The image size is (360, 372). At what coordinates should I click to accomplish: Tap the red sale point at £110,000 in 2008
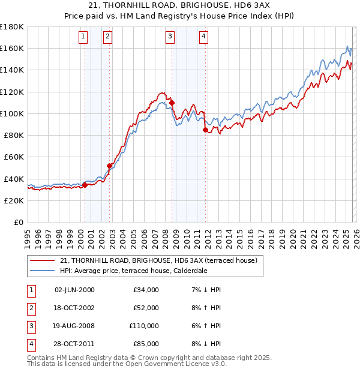(x=172, y=103)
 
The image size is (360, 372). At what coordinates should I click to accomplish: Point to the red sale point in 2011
(x=205, y=130)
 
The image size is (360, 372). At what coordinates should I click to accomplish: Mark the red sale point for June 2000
(x=85, y=185)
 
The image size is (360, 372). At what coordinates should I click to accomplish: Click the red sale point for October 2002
(x=110, y=166)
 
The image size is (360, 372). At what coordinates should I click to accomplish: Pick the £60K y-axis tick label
(x=14, y=157)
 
